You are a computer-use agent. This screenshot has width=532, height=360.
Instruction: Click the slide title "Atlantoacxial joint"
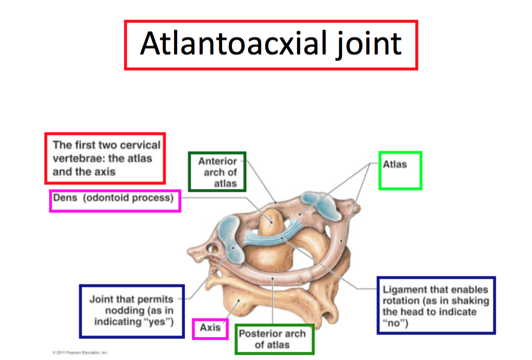(270, 44)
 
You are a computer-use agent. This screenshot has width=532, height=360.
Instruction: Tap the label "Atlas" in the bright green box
(394, 164)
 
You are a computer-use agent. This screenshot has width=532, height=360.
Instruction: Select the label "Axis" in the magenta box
(210, 328)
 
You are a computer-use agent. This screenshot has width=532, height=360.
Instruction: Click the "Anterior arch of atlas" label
(217, 172)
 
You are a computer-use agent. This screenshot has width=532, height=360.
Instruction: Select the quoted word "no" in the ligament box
(394, 322)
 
